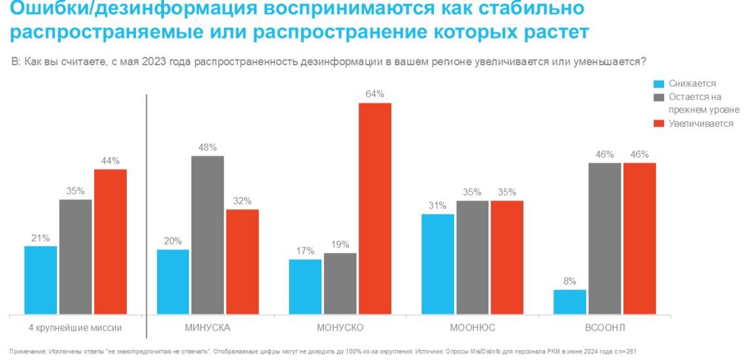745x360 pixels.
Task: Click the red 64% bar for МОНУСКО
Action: pos(374,209)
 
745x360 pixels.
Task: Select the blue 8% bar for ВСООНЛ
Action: pos(570,302)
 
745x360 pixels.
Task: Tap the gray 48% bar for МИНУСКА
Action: pos(207,235)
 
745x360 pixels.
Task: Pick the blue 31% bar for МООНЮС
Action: pos(437,264)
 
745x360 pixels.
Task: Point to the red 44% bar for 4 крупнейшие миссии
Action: pos(110,242)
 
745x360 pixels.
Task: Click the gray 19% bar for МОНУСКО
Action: pos(340,284)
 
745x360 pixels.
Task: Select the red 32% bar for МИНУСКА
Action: pos(242,262)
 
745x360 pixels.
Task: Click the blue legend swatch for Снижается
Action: pos(659,84)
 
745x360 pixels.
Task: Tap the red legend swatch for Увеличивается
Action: pos(659,123)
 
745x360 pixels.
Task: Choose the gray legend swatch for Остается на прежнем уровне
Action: pos(659,97)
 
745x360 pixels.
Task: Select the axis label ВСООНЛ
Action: pos(604,327)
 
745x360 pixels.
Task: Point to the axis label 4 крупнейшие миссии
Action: pos(76,327)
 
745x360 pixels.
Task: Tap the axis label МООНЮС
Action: pos(472,327)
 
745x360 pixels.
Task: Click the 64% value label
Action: pos(374,94)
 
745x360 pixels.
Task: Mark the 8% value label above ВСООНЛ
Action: pos(570,282)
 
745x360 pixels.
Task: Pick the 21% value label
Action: pos(41,238)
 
